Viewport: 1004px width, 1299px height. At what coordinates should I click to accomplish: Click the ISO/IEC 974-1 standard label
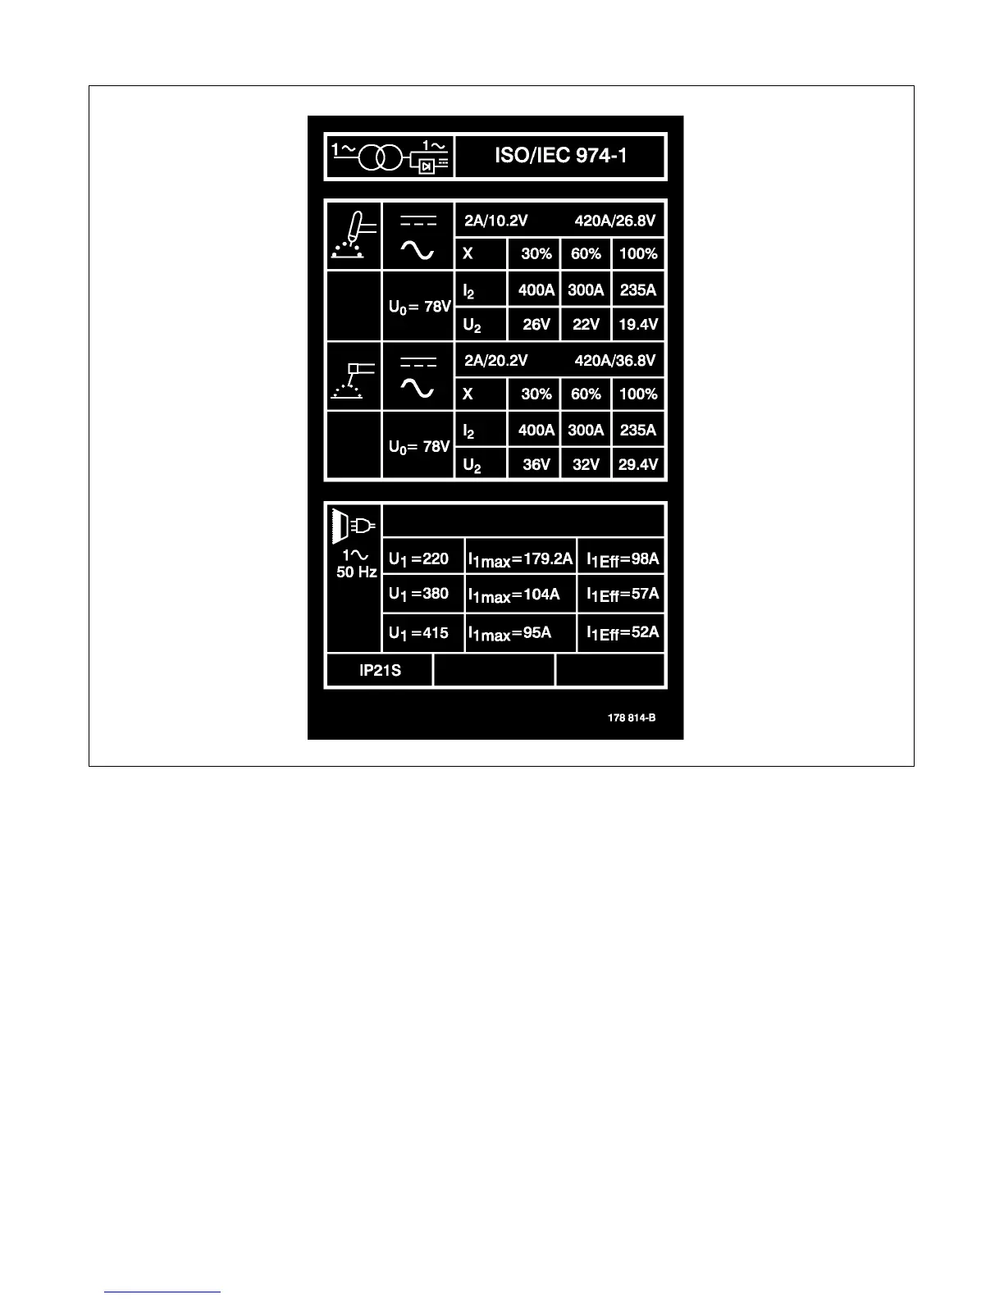pos(560,156)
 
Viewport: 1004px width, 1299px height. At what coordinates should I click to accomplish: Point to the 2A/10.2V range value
pos(495,221)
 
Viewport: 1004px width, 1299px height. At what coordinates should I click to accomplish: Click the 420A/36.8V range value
pos(615,361)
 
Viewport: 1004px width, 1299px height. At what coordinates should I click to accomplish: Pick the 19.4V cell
pos(638,325)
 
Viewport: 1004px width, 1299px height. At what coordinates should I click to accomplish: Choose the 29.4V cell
pos(638,465)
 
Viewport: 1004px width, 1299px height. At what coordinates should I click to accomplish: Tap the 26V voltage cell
pos(536,325)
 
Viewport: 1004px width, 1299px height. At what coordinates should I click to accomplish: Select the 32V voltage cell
pos(586,465)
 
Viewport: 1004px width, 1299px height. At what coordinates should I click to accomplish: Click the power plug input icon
pos(354,525)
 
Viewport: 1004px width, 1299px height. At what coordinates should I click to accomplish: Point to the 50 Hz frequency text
pos(357,572)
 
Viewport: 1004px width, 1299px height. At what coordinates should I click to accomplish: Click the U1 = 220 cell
pos(419,559)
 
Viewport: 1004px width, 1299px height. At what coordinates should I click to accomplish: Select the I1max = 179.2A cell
pos(520,559)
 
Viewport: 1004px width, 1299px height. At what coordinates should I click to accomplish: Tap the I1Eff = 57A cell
pos(623,595)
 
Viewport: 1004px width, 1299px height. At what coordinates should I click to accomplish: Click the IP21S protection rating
pos(380,671)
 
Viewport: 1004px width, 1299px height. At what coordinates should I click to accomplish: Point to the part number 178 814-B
pos(632,718)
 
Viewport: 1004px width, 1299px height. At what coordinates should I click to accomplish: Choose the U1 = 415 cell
pos(419,633)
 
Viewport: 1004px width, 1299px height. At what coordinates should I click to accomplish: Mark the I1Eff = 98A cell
pos(623,559)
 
